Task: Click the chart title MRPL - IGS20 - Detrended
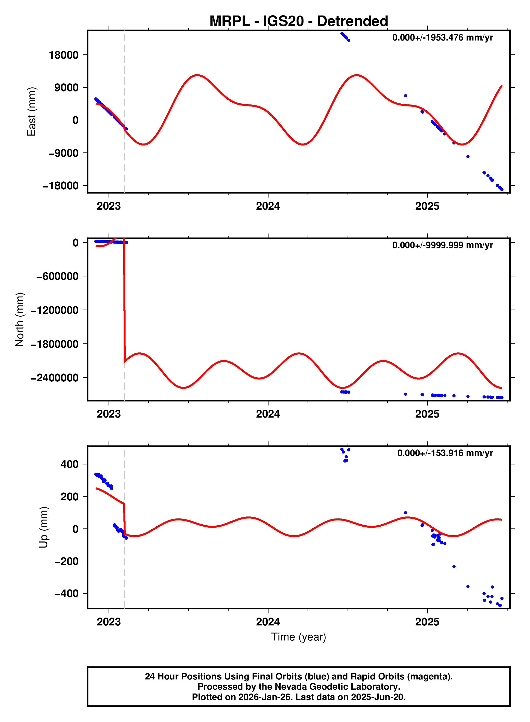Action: coord(298,21)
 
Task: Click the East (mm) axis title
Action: coord(31,112)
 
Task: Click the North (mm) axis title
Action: coord(20,319)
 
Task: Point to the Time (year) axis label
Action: coord(298,637)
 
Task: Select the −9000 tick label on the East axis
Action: coord(63,153)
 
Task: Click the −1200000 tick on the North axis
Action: coord(55,310)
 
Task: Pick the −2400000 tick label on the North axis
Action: coord(55,378)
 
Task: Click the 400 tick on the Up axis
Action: coord(69,464)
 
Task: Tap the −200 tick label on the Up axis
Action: coord(67,561)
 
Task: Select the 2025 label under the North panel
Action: coord(427,414)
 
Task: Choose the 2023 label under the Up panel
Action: coord(109,622)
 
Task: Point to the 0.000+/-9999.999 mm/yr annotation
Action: coord(442,245)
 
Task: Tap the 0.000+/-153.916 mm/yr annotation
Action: coord(445,453)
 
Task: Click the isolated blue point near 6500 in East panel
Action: coord(405,96)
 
